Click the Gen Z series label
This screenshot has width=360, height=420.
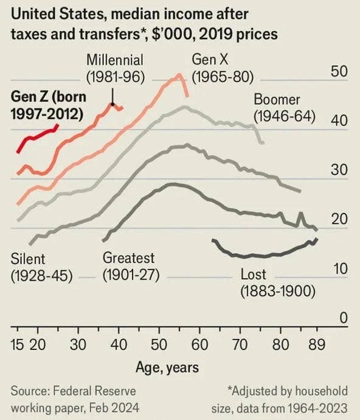click(x=48, y=105)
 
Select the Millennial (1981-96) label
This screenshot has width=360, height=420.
click(x=114, y=69)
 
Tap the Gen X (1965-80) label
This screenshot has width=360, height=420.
click(x=222, y=69)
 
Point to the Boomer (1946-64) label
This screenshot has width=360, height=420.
click(x=284, y=107)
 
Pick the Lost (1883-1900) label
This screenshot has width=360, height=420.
click(x=277, y=282)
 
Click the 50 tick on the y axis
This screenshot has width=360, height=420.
click(x=339, y=71)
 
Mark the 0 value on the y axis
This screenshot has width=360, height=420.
click(x=344, y=318)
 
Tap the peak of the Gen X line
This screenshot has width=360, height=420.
click(x=179, y=75)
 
